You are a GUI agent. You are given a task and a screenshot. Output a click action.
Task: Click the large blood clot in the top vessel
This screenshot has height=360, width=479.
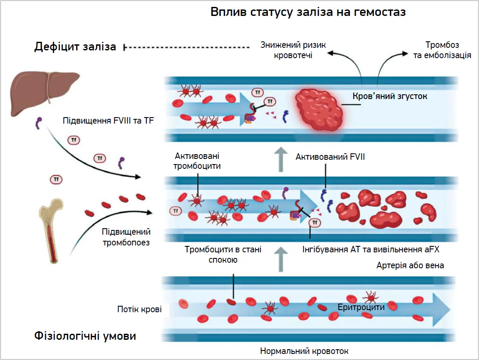[x=319, y=110]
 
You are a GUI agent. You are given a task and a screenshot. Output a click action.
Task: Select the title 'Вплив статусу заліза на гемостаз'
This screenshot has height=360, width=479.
[x=308, y=12]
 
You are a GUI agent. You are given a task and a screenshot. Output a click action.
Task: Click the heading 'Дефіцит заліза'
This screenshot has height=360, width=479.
[x=75, y=47]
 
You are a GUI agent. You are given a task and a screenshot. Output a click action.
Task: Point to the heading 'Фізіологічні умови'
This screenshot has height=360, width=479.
[x=85, y=336]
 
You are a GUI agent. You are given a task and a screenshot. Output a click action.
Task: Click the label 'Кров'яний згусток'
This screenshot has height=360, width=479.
[x=390, y=96]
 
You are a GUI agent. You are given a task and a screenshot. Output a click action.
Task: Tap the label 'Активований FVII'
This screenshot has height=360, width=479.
[x=330, y=157]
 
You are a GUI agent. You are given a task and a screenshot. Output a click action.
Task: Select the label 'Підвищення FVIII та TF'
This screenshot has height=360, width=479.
[x=108, y=121]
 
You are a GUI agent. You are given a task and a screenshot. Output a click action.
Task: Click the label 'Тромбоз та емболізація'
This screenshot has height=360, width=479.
[x=442, y=50]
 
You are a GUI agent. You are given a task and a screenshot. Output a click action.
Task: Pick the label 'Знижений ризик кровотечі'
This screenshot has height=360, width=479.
[x=293, y=50]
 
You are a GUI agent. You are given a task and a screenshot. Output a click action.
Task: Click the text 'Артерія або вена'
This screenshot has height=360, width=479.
[x=410, y=265]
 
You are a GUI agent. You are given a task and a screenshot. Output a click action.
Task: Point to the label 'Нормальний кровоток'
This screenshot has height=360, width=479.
[x=304, y=351]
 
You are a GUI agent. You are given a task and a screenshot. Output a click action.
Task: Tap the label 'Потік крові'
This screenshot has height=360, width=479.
[x=139, y=309]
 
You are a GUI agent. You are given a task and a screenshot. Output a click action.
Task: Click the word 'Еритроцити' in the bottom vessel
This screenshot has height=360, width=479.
[x=361, y=307]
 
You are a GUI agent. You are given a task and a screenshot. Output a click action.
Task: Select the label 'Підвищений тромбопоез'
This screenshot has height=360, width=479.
[x=126, y=237]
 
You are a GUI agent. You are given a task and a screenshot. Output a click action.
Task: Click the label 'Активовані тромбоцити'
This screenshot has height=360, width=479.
[x=197, y=161]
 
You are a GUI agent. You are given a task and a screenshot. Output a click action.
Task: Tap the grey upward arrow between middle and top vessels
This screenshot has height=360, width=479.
[x=281, y=159]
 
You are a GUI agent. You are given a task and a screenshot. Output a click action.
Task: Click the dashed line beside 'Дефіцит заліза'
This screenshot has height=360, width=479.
[x=186, y=47]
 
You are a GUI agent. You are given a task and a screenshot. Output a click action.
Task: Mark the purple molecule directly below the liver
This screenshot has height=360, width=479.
[x=38, y=123]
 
